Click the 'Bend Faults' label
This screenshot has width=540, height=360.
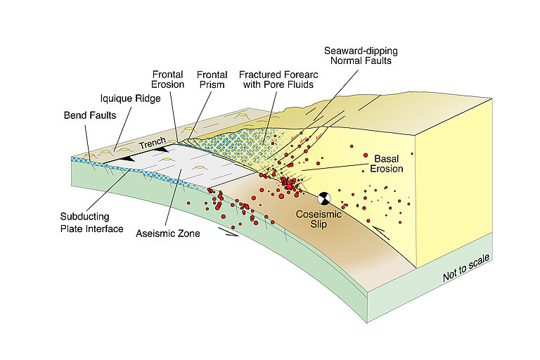(x=87, y=113)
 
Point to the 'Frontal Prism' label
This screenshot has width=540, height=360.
(x=210, y=79)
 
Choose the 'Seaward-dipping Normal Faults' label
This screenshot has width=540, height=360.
(x=359, y=56)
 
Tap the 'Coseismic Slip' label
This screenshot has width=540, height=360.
(x=319, y=219)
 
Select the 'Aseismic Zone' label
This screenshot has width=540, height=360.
(x=167, y=233)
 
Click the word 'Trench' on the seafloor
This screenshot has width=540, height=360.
(x=152, y=144)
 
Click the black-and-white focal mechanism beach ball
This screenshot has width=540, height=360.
(x=323, y=199)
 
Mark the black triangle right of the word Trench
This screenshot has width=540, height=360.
(x=162, y=149)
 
